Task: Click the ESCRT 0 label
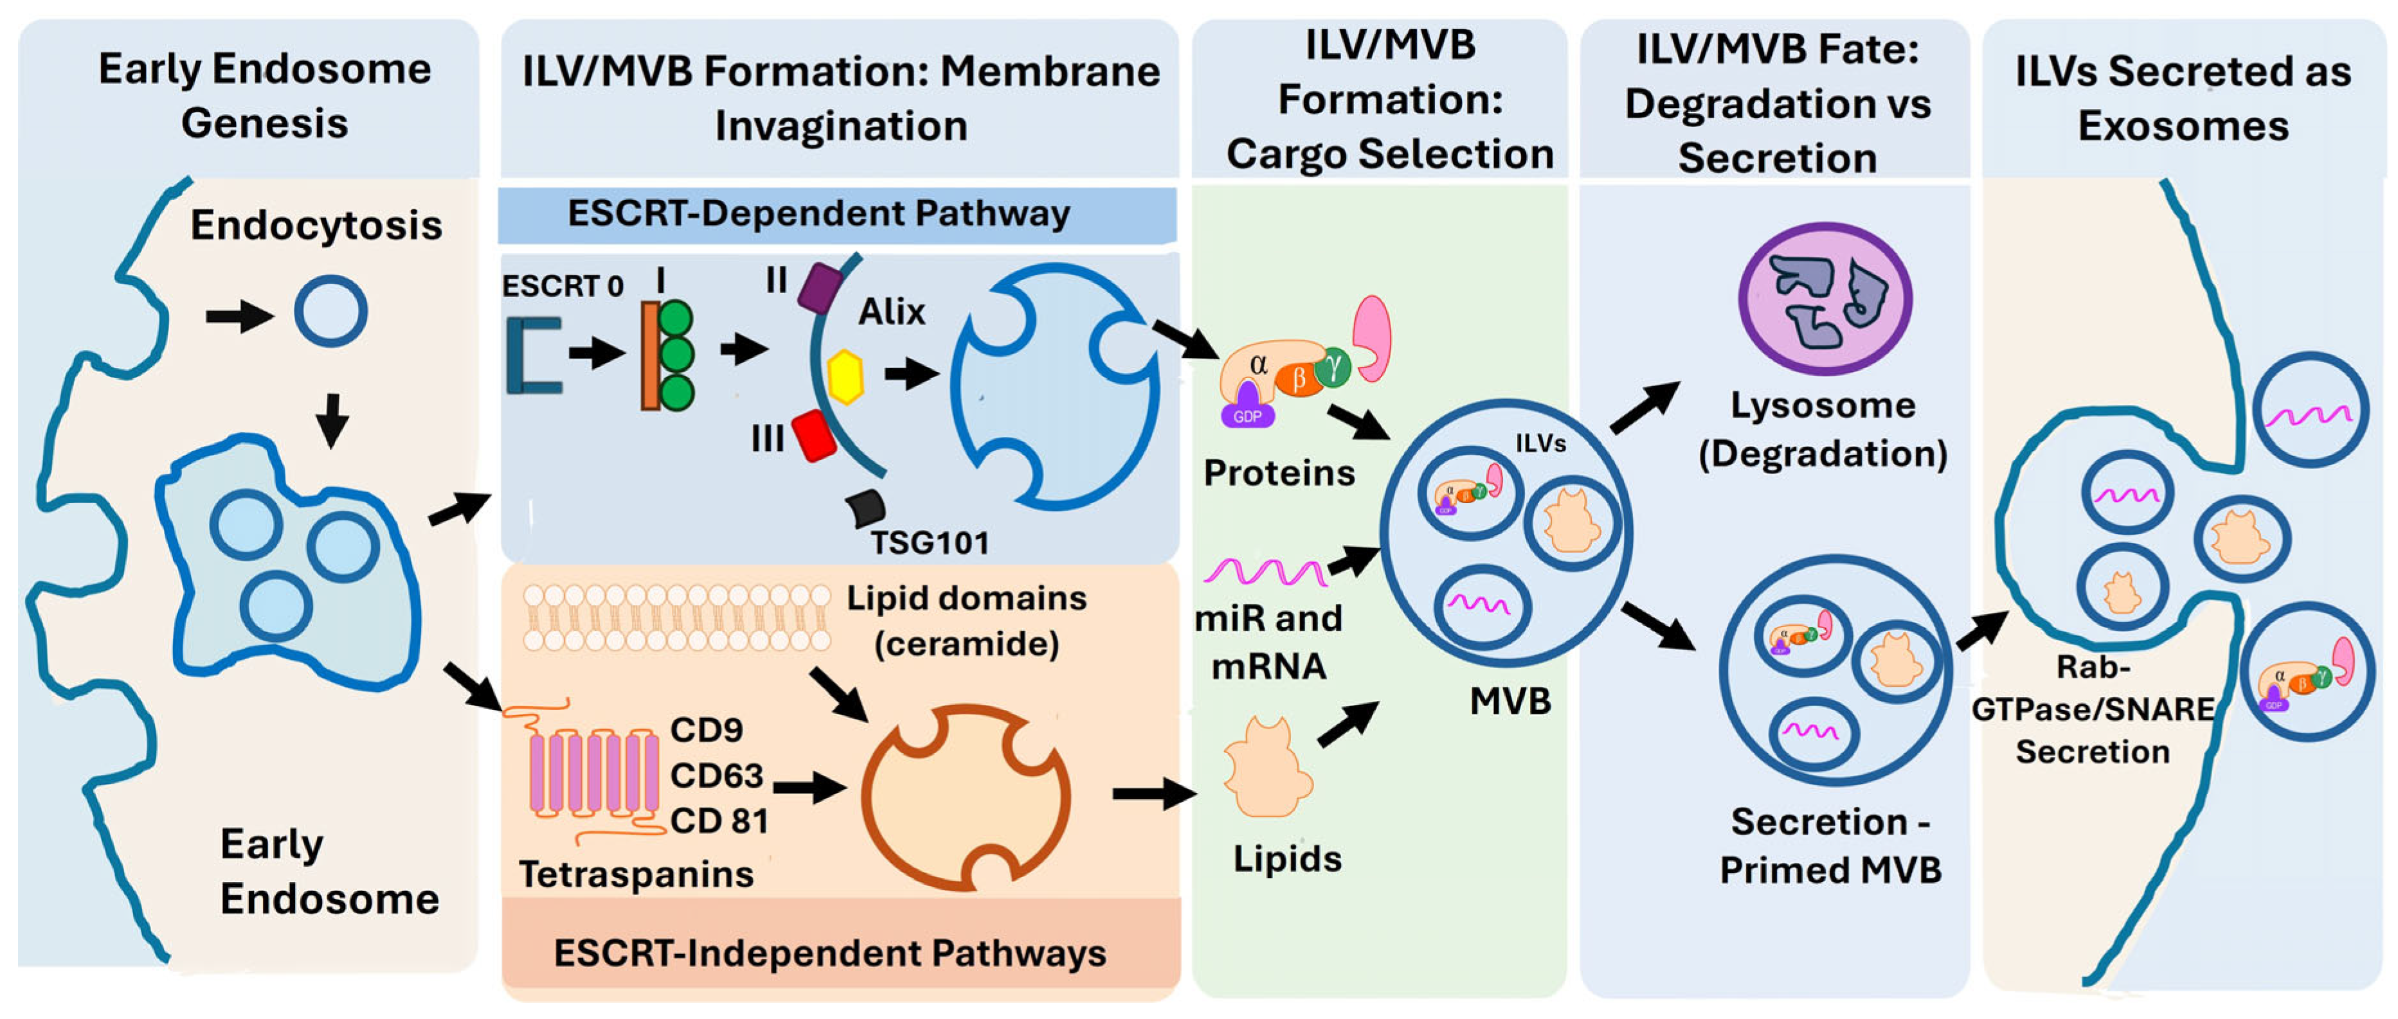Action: click(x=563, y=286)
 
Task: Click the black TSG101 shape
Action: click(x=866, y=507)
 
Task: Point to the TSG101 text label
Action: click(x=929, y=542)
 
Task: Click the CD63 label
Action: click(x=717, y=775)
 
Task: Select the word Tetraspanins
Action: click(x=636, y=874)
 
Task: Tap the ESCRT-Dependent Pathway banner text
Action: click(x=819, y=213)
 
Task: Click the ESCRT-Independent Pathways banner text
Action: click(x=829, y=953)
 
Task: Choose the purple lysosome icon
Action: click(x=1825, y=297)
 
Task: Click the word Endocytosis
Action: click(x=316, y=226)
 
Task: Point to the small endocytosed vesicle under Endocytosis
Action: click(x=330, y=311)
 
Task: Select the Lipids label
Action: click(x=1288, y=858)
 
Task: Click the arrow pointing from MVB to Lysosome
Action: click(x=1645, y=407)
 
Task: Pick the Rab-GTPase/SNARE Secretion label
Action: click(x=2094, y=709)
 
